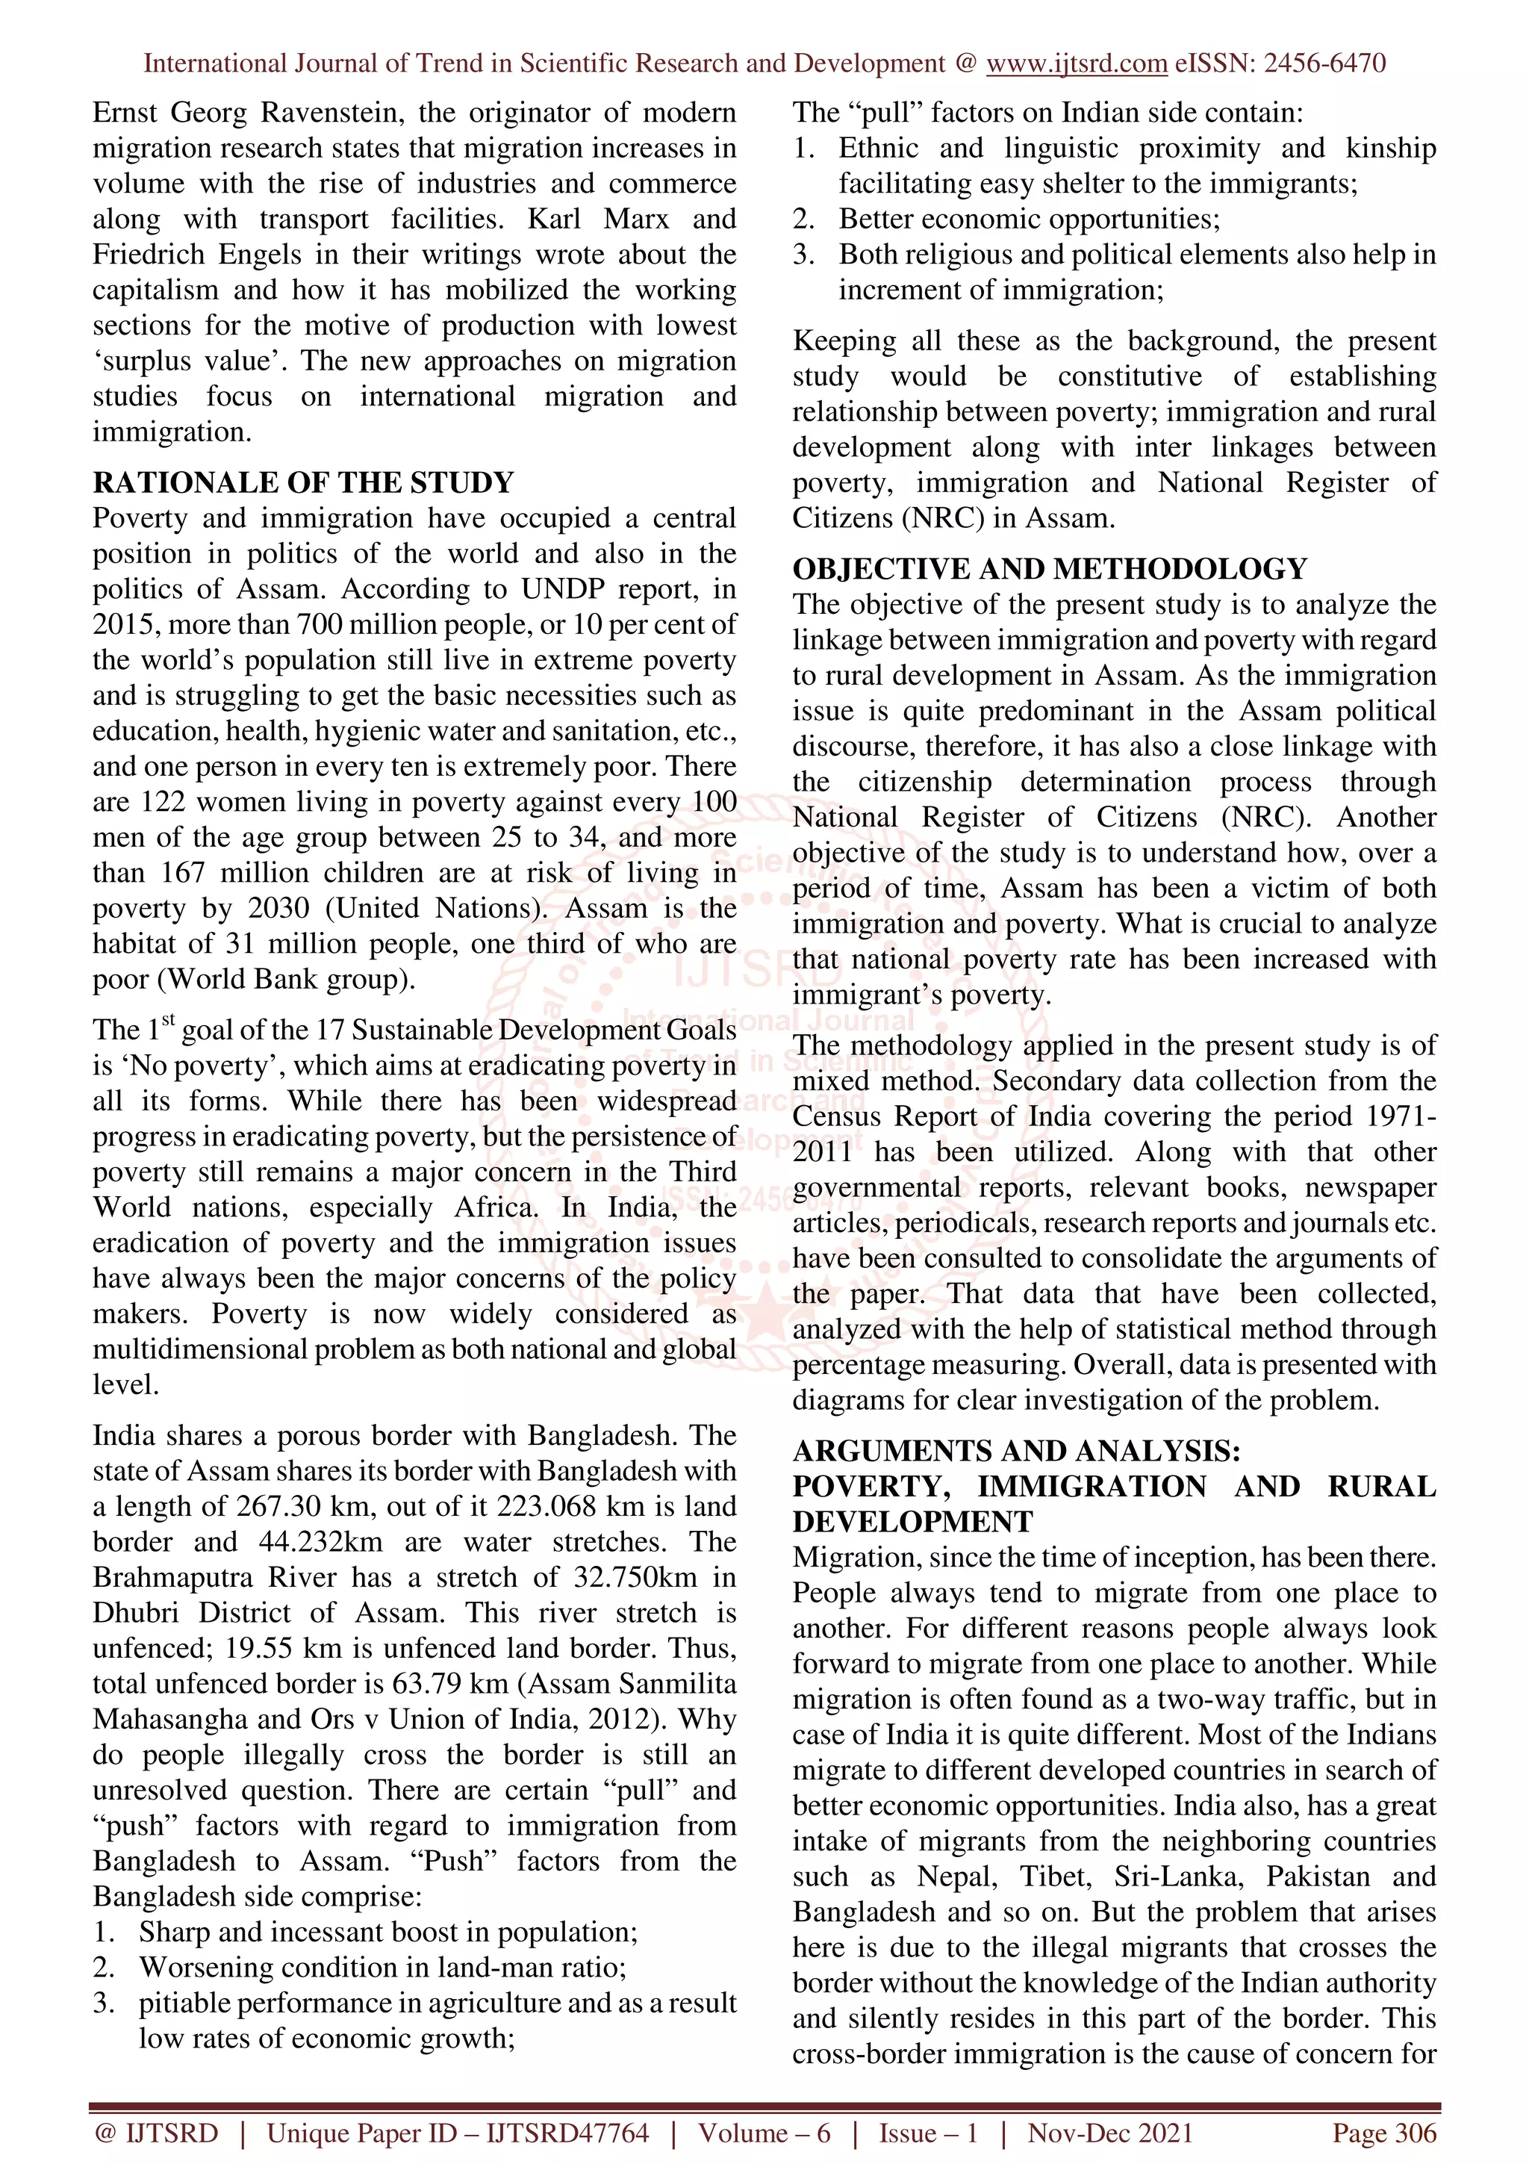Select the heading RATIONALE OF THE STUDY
[303, 482]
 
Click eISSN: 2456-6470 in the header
[1280, 63]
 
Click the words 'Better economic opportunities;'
[1029, 220]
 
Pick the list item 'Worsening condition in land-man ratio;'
[382, 1968]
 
